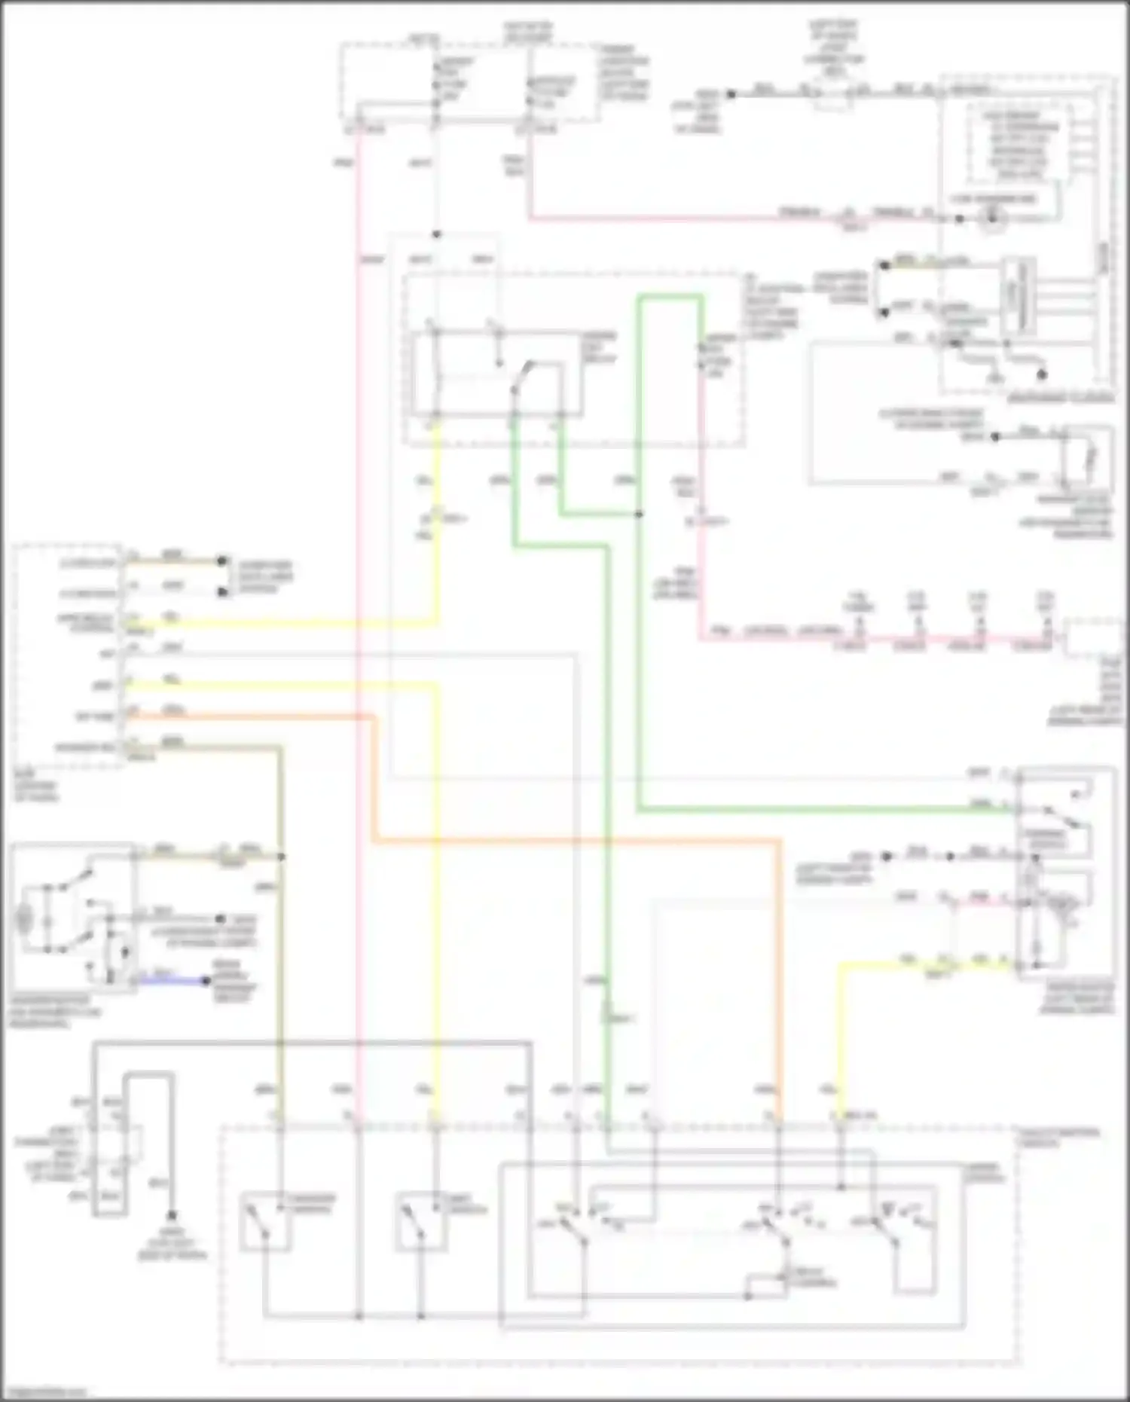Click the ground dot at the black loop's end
172,1215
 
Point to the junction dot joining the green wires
639,515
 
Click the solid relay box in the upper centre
497,373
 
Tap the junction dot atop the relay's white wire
436,234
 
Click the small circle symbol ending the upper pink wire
993,219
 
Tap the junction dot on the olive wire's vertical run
281,857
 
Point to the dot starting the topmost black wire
730,94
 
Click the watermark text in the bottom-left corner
44,1392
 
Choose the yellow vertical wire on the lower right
840,1040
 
